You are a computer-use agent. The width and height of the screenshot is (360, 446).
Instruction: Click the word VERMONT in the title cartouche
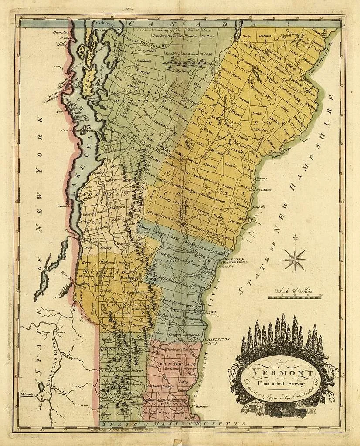284,374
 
